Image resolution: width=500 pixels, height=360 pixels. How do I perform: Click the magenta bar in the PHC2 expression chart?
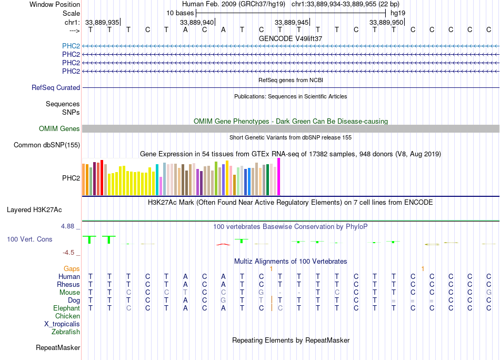coord(279,177)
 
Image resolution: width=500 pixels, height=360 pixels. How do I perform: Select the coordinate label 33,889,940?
coord(197,22)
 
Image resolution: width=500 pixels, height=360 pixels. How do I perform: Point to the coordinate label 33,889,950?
coord(387,22)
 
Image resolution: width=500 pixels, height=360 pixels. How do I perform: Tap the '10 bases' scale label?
coord(180,13)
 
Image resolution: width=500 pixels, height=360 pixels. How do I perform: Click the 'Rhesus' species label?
coord(68,284)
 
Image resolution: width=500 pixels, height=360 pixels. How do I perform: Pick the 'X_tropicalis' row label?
coord(62,324)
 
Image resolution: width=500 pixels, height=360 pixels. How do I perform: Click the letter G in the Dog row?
coord(223,300)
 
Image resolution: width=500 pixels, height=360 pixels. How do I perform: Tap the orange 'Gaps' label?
coord(72,268)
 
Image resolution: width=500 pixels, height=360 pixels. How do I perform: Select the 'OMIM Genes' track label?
coord(59,129)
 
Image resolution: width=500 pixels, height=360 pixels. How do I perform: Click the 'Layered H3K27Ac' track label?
coord(34,209)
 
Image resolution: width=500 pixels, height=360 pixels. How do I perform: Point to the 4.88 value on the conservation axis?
coord(70,226)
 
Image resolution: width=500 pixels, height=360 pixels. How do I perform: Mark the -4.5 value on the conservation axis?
coord(72,252)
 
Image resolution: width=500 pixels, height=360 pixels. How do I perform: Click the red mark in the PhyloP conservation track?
coord(223,244)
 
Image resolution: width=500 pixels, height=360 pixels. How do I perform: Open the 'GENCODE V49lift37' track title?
coord(291,38)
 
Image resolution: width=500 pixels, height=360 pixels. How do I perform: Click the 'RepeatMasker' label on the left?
coord(58,347)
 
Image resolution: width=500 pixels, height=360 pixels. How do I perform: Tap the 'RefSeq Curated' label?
coord(56,87)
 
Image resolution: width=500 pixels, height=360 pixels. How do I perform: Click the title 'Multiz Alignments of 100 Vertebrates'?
coord(291,261)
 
